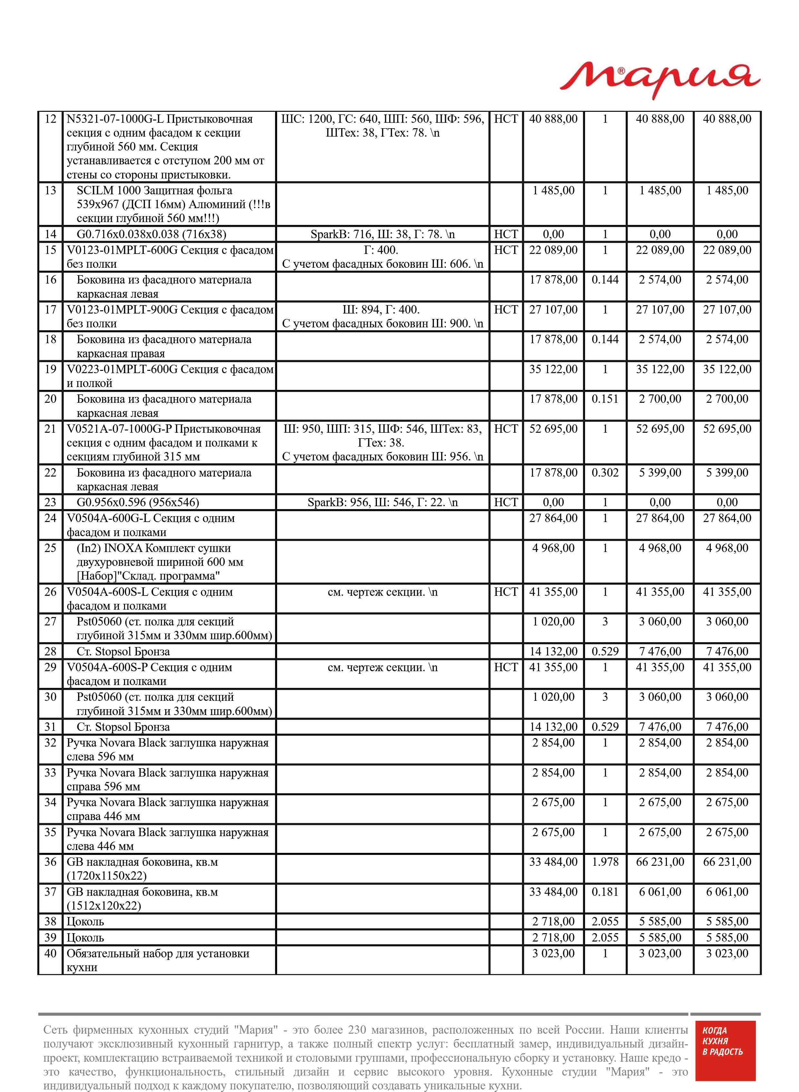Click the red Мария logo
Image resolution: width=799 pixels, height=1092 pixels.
[x=660, y=80]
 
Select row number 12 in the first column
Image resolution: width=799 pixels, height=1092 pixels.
[x=50, y=119]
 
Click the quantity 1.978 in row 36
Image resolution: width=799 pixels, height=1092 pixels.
[x=605, y=862]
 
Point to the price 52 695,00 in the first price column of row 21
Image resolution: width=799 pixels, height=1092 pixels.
[x=553, y=429]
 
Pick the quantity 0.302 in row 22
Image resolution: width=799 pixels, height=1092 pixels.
[x=605, y=472]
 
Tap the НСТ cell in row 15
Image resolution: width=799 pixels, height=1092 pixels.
[x=505, y=250]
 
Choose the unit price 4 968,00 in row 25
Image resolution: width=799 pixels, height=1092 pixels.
[x=553, y=548]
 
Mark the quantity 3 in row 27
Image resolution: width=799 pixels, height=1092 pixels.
[x=605, y=622]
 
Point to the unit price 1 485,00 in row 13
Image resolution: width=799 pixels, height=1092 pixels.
[x=553, y=190]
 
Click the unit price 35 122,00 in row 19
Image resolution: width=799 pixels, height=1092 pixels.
[x=553, y=370]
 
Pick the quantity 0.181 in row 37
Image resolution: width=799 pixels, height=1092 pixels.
[x=605, y=892]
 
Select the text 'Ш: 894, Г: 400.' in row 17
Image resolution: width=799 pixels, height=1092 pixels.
[x=381, y=310]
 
